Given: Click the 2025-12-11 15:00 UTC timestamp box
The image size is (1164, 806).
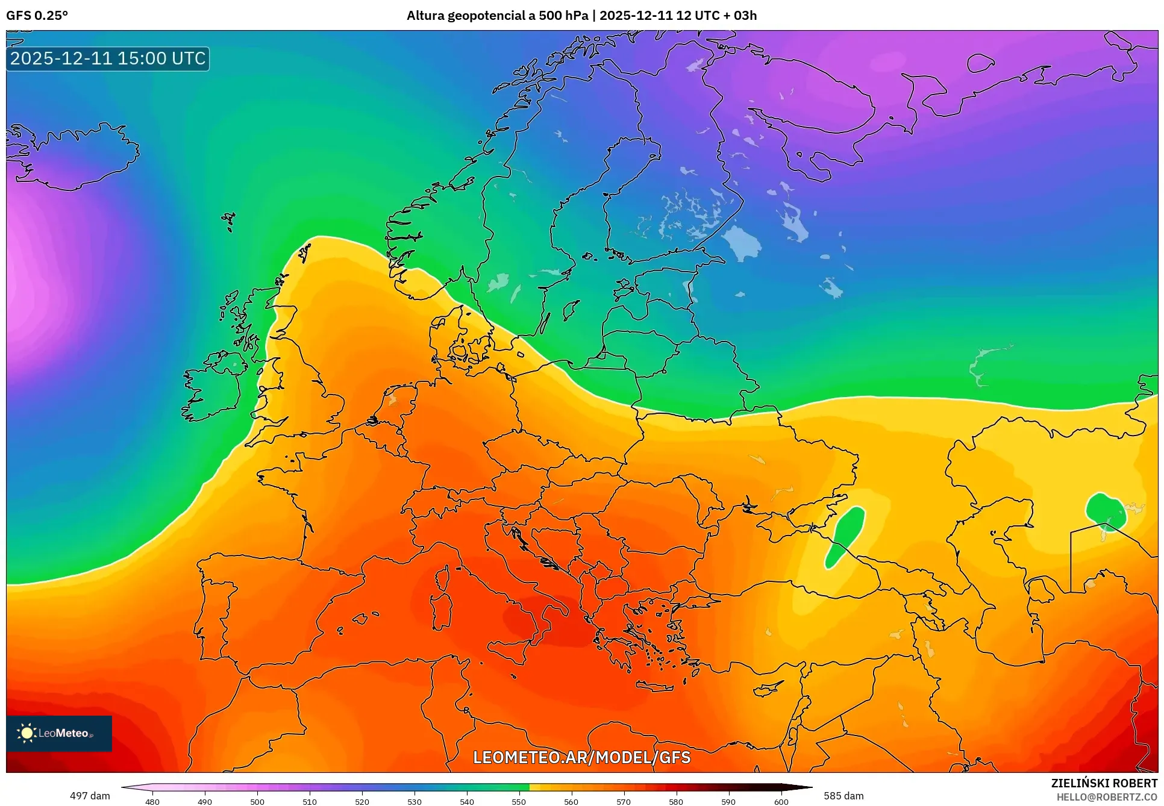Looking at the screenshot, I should pos(108,58).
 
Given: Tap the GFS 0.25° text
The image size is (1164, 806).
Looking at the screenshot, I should pos(37,16).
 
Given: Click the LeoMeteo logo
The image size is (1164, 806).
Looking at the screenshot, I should pos(59,733).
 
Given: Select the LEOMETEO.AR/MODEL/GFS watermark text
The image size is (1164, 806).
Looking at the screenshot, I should pos(581,757).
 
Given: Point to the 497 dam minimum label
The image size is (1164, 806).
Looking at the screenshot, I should pos(90,796).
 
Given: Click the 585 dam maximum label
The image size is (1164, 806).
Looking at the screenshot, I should pos(843,796).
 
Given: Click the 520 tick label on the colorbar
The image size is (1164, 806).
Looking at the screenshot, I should pos(361,802).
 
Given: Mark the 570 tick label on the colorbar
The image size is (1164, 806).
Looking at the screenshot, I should pos(624,802).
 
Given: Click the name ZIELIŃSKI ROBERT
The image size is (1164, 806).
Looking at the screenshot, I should pos(1104,783).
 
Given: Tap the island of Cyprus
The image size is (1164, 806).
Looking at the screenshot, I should pos(769,687).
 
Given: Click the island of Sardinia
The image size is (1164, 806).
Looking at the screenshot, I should pos(442,610).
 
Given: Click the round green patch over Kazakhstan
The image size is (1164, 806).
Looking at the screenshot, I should pos(1106,511).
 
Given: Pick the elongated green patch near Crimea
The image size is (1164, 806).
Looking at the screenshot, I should pos(845,536).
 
